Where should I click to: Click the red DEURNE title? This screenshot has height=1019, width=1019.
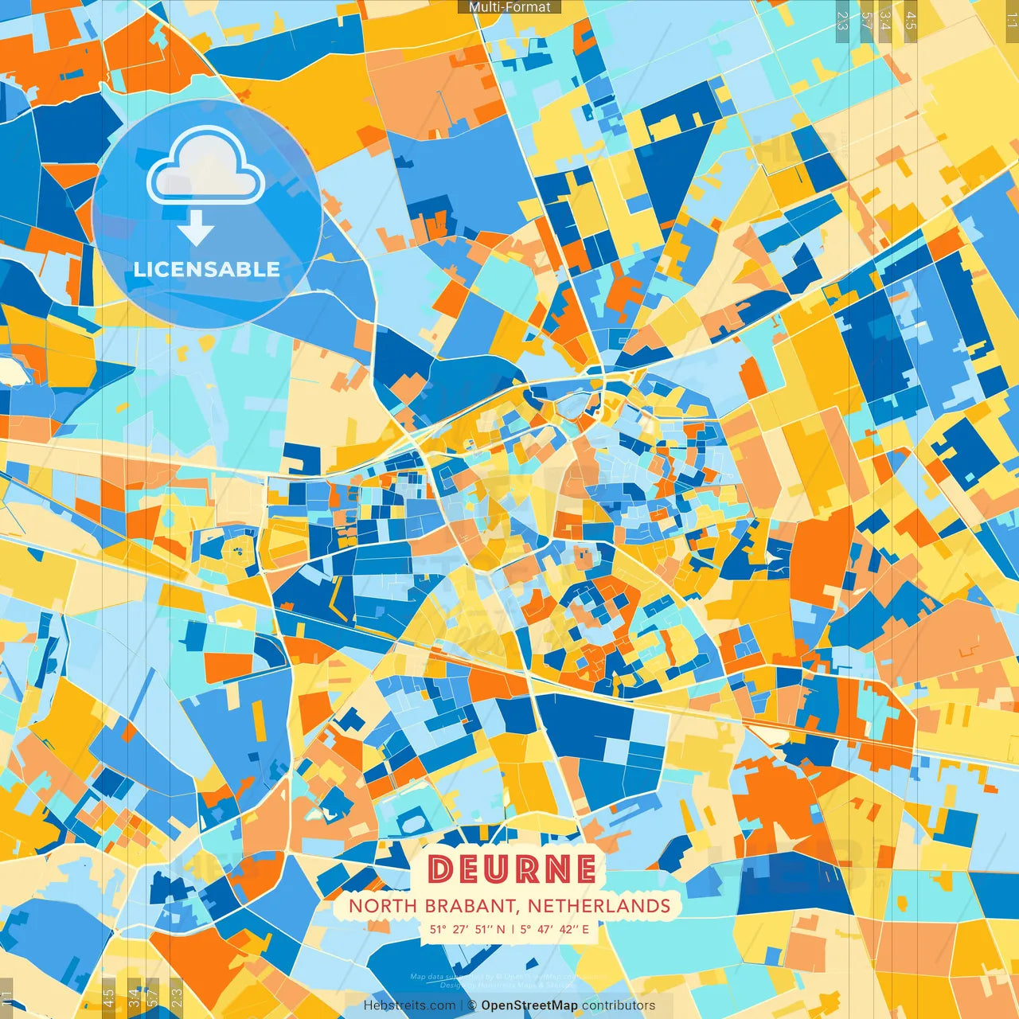[x=511, y=869]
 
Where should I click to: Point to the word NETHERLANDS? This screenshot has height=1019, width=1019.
[x=599, y=906]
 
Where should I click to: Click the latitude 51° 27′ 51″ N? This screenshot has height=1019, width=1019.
[x=467, y=929]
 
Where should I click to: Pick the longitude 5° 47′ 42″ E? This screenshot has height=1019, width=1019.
[x=555, y=929]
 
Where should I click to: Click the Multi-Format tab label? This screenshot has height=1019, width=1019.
[x=509, y=7]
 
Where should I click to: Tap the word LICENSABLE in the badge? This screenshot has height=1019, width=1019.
[x=206, y=269]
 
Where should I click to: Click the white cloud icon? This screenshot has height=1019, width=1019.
[x=206, y=165]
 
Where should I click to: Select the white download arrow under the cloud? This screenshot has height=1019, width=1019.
[x=196, y=230]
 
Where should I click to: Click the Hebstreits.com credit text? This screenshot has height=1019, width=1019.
[x=409, y=1005]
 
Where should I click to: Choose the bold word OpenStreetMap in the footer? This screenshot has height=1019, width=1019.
[x=529, y=1005]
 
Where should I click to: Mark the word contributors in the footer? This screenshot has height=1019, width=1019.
[x=619, y=1005]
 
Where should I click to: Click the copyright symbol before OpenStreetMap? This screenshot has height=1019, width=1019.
[x=472, y=1005]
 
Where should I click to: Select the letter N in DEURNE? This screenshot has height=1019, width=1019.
[x=554, y=869]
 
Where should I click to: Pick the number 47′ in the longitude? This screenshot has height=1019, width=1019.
[x=547, y=929]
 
